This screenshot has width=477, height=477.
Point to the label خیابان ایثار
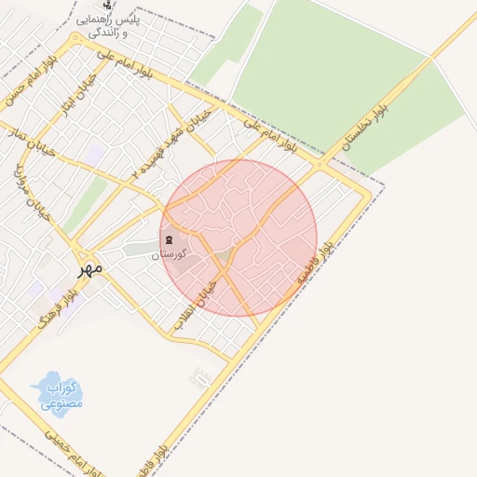pos(70,97)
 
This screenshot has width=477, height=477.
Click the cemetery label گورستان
pos(170,253)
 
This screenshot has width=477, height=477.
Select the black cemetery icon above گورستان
pos(170,240)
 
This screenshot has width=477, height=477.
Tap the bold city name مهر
pos(89,268)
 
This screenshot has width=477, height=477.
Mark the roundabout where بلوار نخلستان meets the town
pos(320,164)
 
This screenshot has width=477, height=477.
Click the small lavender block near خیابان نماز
pos(97,149)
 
